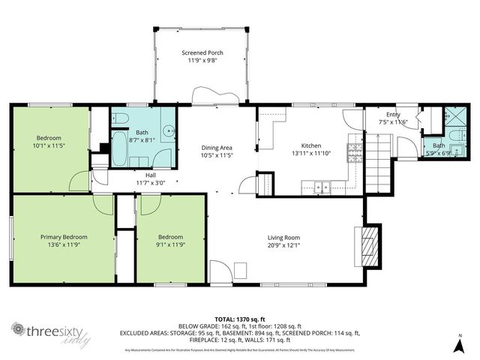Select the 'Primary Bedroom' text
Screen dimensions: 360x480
pos(64,236)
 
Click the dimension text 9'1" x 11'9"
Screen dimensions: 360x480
pos(169,244)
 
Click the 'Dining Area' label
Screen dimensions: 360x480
pos(217,148)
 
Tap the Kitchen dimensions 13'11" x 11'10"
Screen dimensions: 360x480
pos(311,154)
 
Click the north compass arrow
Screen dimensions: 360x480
pos(459,344)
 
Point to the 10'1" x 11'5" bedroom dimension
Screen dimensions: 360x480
pos(51,145)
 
